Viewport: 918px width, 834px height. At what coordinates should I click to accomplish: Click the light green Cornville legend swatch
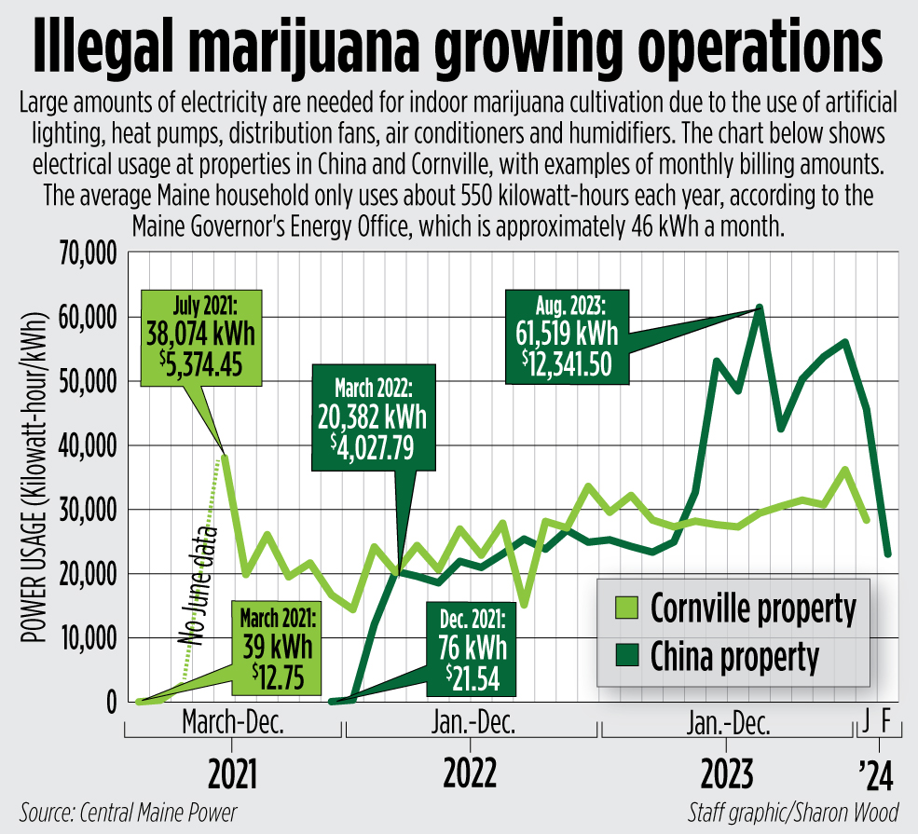tap(625, 609)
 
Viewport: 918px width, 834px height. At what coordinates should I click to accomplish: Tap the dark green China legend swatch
tap(625, 656)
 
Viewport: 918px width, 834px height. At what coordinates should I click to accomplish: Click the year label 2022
tap(470, 772)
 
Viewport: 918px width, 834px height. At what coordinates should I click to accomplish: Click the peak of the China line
tap(760, 308)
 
